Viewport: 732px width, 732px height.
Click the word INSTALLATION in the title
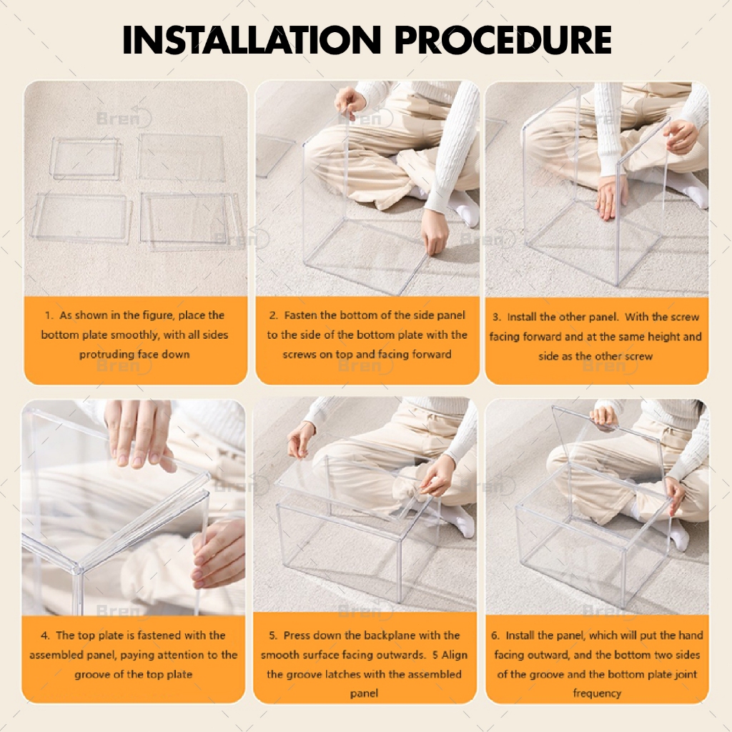point(252,40)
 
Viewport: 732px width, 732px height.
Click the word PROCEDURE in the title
point(503,40)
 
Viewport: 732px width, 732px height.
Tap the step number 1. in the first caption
point(49,315)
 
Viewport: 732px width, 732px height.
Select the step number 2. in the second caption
point(274,315)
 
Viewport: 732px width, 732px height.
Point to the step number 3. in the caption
point(497,317)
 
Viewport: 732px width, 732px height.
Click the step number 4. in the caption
point(45,635)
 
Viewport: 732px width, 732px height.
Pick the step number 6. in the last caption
point(496,635)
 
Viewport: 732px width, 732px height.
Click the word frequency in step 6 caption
point(597,693)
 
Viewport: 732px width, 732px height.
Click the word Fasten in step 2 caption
point(301,315)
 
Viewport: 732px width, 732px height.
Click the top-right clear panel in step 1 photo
point(181,157)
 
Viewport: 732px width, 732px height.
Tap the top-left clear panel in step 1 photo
point(86,159)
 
